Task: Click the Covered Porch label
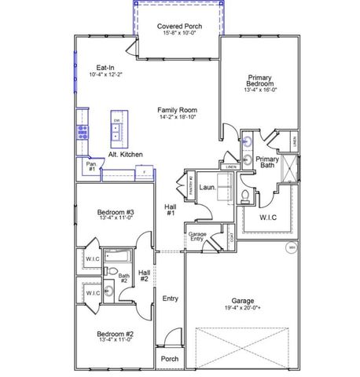tap(180, 26)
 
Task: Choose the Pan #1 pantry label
tap(91, 167)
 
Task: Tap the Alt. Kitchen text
tap(125, 155)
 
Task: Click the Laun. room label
tap(208, 188)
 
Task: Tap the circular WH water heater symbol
tap(291, 248)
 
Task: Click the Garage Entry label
tap(197, 237)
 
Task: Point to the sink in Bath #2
tap(110, 293)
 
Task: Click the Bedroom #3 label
tap(116, 213)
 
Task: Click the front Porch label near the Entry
tap(169, 359)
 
